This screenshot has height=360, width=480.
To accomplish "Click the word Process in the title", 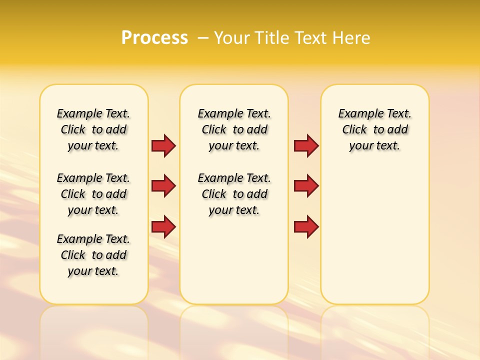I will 154,37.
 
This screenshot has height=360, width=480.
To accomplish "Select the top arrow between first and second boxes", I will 163,146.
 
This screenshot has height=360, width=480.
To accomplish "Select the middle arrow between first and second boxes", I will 163,186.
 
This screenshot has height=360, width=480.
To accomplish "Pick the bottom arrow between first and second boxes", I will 163,227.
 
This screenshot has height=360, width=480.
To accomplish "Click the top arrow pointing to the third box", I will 306,146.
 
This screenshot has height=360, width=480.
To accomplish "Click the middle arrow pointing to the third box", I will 306,186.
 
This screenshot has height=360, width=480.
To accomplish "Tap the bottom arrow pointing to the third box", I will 306,227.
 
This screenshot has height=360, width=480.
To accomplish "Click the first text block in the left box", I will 93,129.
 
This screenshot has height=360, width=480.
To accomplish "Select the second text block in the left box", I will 93,194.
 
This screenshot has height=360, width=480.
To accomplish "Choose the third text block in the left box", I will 93,255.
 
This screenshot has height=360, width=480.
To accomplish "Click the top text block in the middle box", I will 234,129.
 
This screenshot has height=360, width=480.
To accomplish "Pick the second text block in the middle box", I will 234,194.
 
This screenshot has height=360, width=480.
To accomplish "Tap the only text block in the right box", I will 374,129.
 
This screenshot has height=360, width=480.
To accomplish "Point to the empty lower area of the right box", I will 374,240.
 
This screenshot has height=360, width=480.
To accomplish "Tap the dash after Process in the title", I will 203,37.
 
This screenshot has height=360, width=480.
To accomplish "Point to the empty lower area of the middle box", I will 234,260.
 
